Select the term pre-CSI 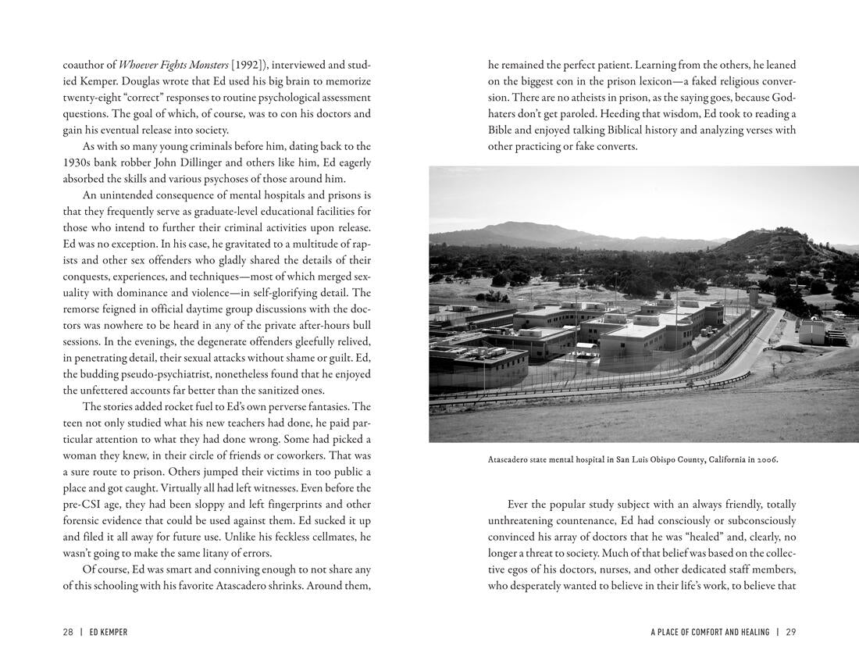(x=81, y=504)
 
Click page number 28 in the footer (x=68, y=632)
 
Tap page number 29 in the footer (x=790, y=632)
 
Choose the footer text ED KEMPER (x=109, y=632)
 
